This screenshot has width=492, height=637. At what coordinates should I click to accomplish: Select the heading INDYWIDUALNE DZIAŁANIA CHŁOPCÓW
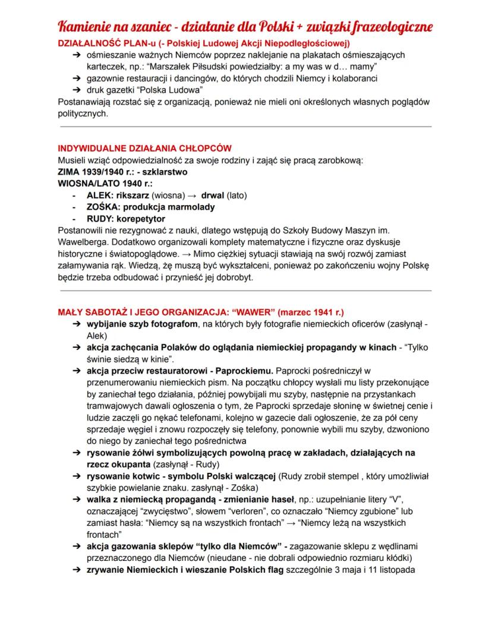click(144, 148)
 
